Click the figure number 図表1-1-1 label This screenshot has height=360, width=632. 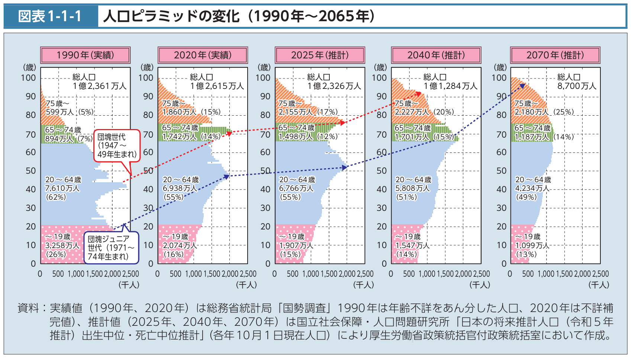tap(50, 16)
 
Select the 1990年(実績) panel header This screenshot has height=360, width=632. tap(85, 55)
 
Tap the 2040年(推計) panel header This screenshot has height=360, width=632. tap(436, 55)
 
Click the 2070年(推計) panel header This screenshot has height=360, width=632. tap(555, 55)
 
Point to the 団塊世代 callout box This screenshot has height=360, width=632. tap(117, 146)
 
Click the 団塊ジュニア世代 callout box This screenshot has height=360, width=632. tap(111, 248)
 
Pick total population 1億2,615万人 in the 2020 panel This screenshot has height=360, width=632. tap(217, 86)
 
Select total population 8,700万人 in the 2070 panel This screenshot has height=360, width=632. tap(576, 86)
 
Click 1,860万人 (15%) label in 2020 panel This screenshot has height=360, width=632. tap(191, 112)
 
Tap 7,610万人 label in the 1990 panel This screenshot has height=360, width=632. tap(62, 188)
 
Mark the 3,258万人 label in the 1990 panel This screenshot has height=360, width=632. tap(62, 245)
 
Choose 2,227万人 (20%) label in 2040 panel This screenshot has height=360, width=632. tap(424, 112)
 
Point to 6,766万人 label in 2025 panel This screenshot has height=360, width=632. tap(296, 188)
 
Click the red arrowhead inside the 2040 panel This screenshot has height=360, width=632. tap(419, 94)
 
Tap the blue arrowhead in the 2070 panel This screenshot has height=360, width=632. tap(522, 86)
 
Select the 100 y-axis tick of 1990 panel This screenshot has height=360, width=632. tap(28, 78)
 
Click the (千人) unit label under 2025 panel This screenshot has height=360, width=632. tap(363, 285)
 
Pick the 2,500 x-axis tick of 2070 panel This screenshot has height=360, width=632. tap(600, 274)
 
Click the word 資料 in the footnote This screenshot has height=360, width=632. tap(28, 308)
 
